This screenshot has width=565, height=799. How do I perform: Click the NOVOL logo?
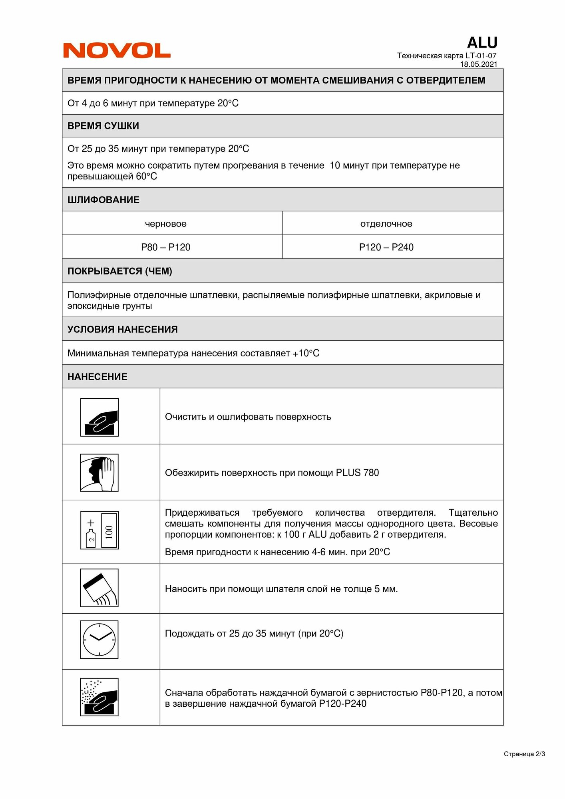(117, 50)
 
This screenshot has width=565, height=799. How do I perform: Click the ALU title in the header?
(482, 42)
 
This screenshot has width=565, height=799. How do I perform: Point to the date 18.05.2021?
(478, 64)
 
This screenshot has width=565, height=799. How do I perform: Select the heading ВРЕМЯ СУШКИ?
(103, 126)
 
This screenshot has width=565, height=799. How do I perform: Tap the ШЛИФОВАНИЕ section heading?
(103, 200)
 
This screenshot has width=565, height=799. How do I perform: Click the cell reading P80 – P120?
(165, 247)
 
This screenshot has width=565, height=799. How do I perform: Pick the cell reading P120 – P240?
(386, 247)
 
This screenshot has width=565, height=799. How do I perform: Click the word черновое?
(165, 224)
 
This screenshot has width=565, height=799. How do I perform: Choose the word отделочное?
(386, 224)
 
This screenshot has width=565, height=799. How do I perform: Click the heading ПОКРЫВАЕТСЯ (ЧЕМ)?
(119, 271)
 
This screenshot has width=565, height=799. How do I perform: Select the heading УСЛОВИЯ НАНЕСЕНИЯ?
(122, 329)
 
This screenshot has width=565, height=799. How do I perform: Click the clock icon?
(99, 640)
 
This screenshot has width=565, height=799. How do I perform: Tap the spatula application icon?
(99, 588)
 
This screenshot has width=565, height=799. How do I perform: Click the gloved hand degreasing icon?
(99, 473)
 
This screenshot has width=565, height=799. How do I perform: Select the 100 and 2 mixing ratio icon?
(99, 530)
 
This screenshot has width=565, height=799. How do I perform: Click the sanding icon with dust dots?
(99, 697)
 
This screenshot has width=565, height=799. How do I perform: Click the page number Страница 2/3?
(524, 754)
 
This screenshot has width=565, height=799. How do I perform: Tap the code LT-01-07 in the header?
(481, 56)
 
